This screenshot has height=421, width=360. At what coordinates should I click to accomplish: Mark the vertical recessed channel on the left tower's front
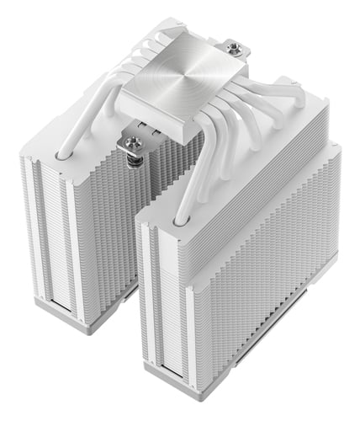click(x=47, y=227)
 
